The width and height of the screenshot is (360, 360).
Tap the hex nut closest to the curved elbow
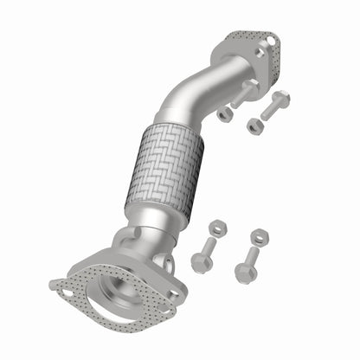[224, 113]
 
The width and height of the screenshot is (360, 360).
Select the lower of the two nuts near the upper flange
[254, 126]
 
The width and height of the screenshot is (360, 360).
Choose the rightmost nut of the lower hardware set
[259, 236]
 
